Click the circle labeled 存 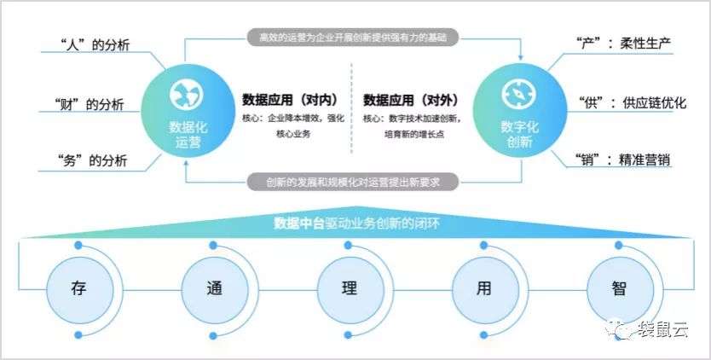pyautogui.click(x=78, y=287)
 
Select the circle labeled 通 pyautogui.click(x=213, y=287)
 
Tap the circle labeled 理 pyautogui.click(x=348, y=287)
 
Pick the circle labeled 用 pyautogui.click(x=483, y=287)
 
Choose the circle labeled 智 pyautogui.click(x=619, y=287)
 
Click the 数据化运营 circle pyautogui.click(x=186, y=111)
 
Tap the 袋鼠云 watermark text pyautogui.click(x=668, y=330)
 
